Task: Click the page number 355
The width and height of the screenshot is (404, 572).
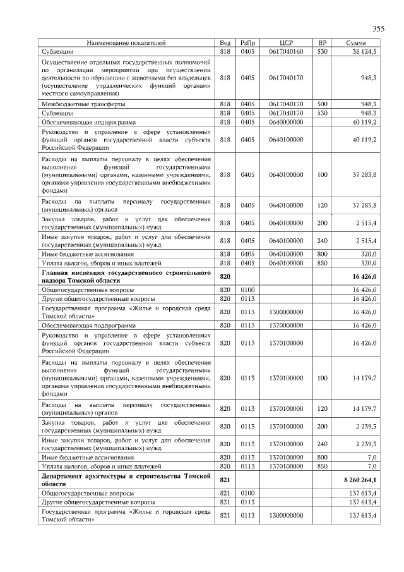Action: point(378,28)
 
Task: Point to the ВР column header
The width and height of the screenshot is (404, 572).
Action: point(322,43)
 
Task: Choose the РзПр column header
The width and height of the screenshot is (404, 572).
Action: point(247,43)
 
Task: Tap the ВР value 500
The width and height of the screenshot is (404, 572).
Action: point(322,103)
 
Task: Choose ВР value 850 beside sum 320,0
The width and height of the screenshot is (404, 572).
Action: point(322,262)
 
